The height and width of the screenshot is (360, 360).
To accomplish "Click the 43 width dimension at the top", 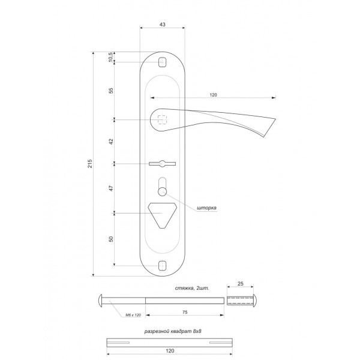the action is pyautogui.click(x=162, y=25).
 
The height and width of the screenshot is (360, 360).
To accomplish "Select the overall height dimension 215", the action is pyautogui.click(x=90, y=163).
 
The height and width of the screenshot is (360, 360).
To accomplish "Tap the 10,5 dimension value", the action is pyautogui.click(x=110, y=57).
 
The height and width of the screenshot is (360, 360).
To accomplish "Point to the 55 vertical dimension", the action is pyautogui.click(x=111, y=91).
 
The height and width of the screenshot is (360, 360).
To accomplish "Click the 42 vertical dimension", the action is pyautogui.click(x=111, y=142).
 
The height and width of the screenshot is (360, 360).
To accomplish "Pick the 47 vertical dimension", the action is pyautogui.click(x=111, y=188).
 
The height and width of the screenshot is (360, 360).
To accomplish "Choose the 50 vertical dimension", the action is pyautogui.click(x=111, y=239).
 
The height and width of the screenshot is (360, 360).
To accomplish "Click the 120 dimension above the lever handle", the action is pyautogui.click(x=213, y=95).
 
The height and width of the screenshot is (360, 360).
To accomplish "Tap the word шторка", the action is pyautogui.click(x=206, y=208).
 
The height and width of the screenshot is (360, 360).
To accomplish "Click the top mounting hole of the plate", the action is pyautogui.click(x=163, y=62).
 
